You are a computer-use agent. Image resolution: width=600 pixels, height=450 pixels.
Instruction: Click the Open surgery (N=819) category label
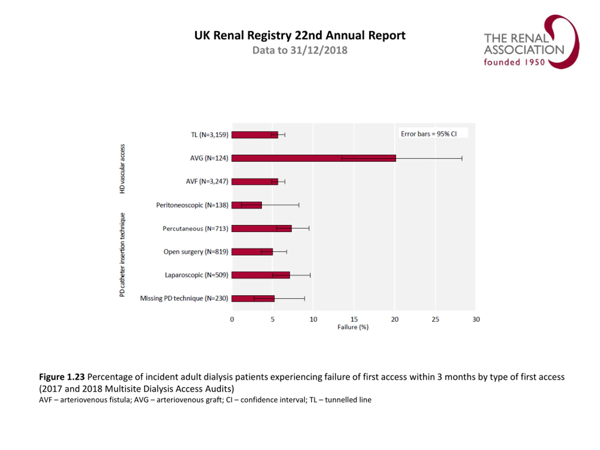tap(195, 252)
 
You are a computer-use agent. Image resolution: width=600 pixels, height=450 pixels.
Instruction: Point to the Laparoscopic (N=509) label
tap(196, 275)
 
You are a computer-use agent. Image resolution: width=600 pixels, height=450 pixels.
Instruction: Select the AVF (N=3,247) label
tap(207, 181)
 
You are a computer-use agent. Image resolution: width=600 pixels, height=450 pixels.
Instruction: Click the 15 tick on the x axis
tap(354, 319)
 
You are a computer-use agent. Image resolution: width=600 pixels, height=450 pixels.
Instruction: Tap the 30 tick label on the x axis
tap(476, 319)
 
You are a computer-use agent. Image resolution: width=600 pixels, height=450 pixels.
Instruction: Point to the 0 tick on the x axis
tap(232, 319)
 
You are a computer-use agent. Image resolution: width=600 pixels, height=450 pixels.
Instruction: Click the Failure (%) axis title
tap(353, 327)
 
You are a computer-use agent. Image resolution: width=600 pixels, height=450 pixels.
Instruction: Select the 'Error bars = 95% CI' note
tap(429, 134)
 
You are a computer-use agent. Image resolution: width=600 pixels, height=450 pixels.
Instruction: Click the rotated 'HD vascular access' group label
tap(122, 169)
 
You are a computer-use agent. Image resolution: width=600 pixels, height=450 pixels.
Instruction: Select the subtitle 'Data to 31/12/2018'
tap(300, 50)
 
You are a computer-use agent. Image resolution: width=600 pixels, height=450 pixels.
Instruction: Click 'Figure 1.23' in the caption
tap(62, 377)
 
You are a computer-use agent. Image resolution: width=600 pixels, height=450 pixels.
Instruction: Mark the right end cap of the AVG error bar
tap(462, 158)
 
